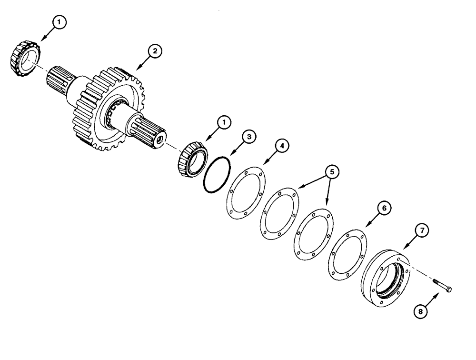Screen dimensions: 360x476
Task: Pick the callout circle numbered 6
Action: [384, 208]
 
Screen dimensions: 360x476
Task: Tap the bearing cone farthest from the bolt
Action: [22, 60]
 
